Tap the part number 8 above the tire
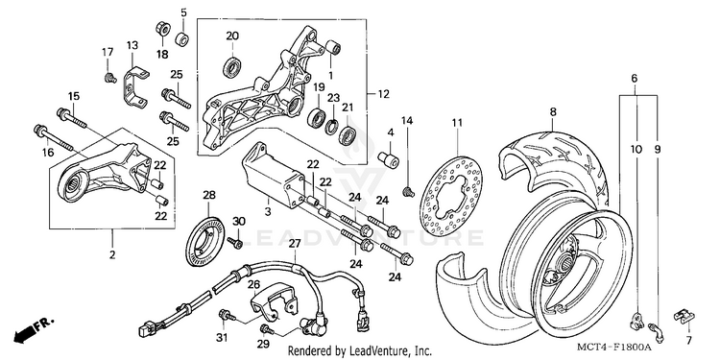pyautogui.click(x=553, y=111)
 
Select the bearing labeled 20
pyautogui.click(x=232, y=66)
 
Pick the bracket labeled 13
pyautogui.click(x=135, y=87)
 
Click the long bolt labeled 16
pyautogui.click(x=53, y=137)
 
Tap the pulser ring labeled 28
pyautogui.click(x=205, y=241)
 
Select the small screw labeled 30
pyautogui.click(x=235, y=242)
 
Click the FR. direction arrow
pyautogui.click(x=33, y=329)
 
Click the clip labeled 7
pyautogui.click(x=684, y=318)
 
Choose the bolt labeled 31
pyautogui.click(x=228, y=315)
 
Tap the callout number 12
pyautogui.click(x=383, y=94)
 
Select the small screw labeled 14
pyautogui.click(x=407, y=191)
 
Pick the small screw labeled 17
pyautogui.click(x=109, y=78)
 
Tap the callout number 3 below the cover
pyautogui.click(x=268, y=212)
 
